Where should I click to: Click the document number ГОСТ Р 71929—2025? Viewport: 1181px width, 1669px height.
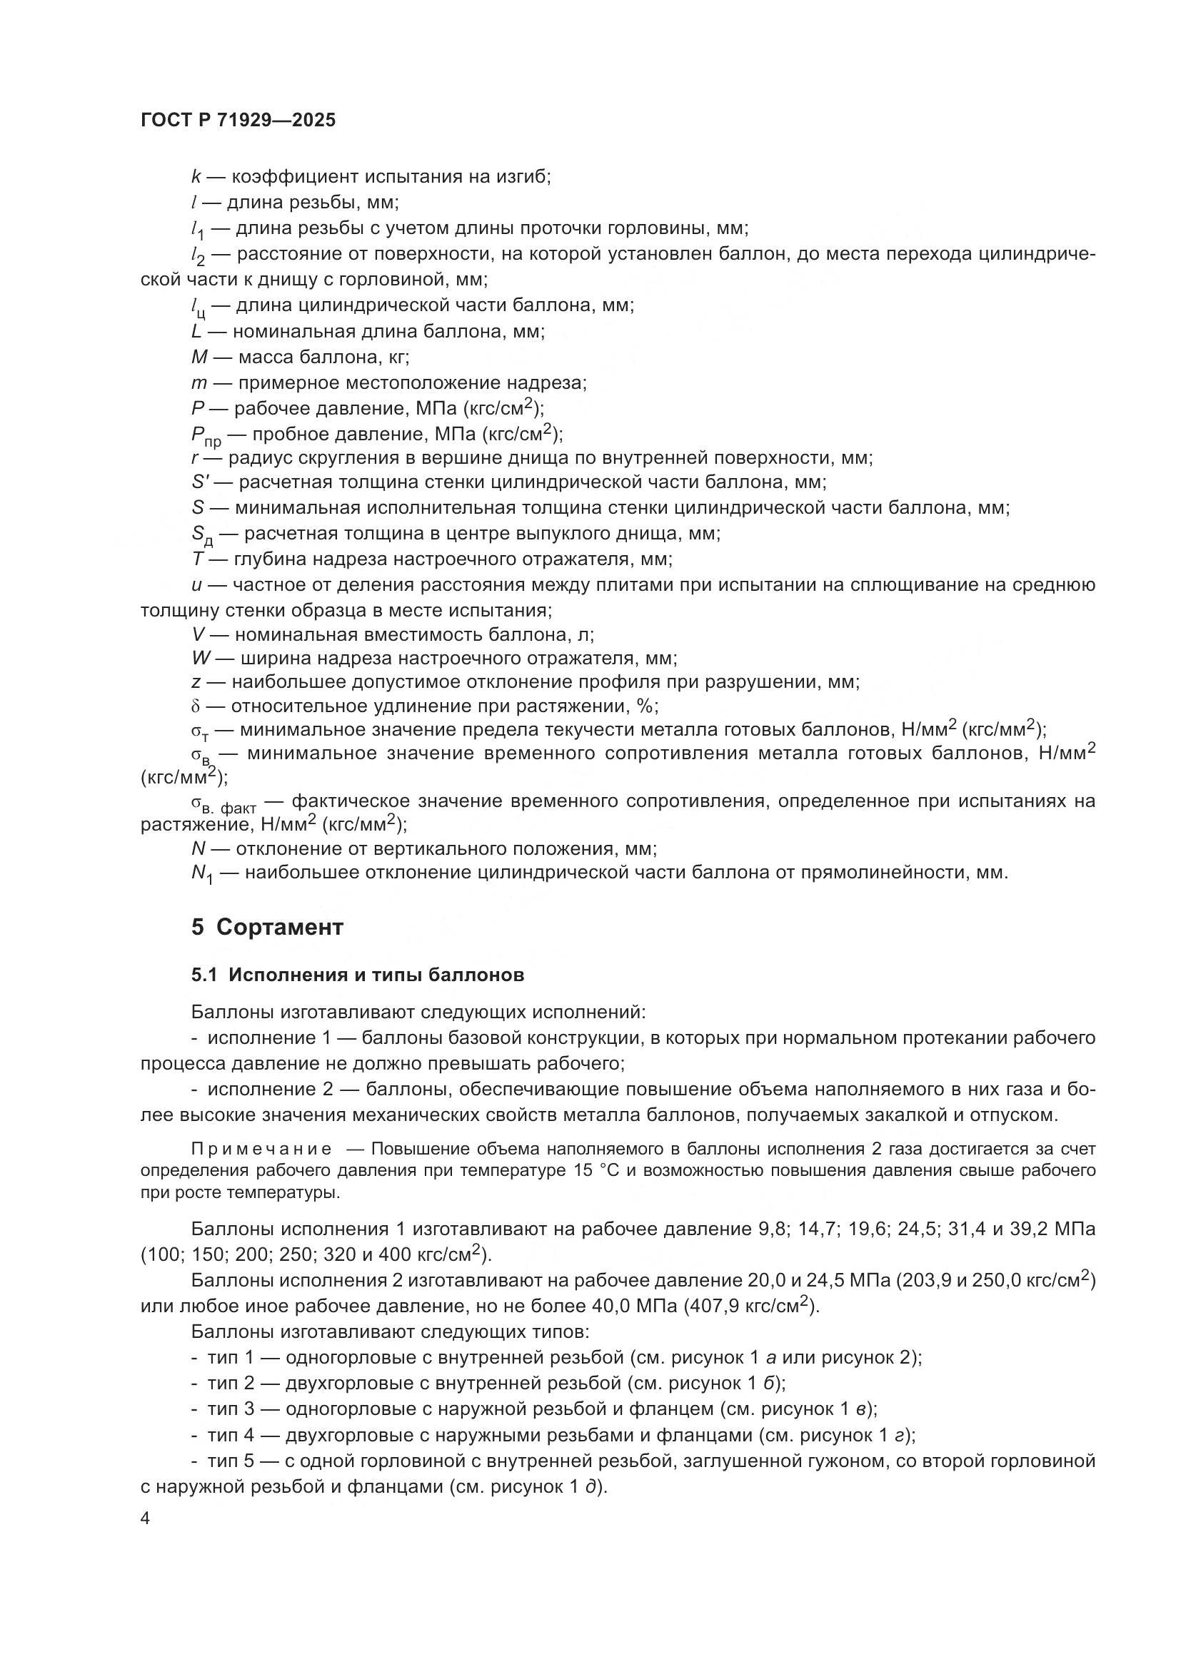238,121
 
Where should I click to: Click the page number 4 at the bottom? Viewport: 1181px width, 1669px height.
146,1519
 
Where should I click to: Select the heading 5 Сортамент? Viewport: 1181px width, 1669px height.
267,928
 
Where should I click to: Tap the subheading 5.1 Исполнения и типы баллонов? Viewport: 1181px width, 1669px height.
357,975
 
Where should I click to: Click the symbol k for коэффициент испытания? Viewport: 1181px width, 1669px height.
196,177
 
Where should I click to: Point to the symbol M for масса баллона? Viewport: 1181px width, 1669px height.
199,357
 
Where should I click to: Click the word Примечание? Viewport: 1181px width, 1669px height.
261,1149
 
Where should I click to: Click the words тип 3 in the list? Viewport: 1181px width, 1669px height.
231,1409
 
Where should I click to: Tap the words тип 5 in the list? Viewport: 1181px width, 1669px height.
231,1461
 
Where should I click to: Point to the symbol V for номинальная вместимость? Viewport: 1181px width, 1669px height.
197,634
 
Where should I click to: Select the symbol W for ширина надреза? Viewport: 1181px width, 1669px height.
200,659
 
